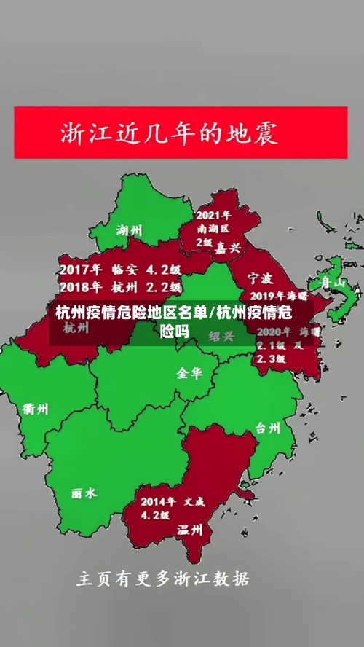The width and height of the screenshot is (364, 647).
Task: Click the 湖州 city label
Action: [x=129, y=232]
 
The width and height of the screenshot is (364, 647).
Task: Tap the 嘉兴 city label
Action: [x=226, y=248]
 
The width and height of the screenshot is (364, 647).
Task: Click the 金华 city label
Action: [x=190, y=372]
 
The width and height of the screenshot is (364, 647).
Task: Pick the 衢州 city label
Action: [x=36, y=409]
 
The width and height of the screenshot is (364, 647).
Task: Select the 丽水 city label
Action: [x=84, y=493]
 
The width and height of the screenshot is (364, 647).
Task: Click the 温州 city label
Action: [x=190, y=530]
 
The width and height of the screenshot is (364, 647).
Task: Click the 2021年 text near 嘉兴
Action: [x=213, y=216]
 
